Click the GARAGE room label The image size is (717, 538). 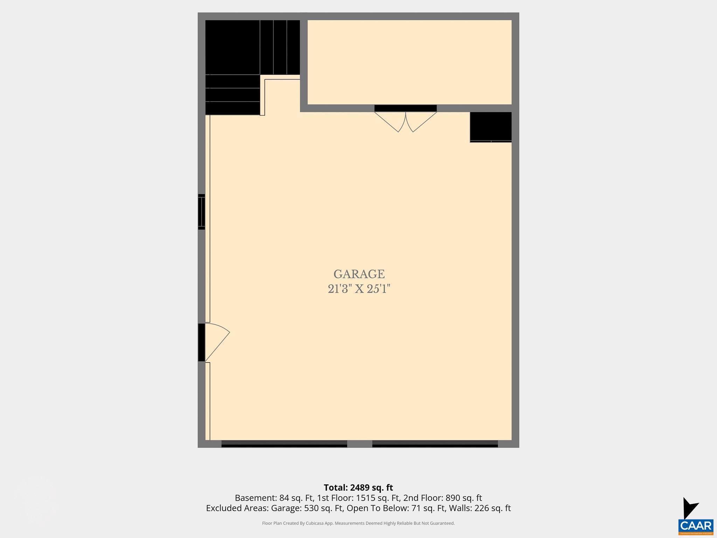point(359,274)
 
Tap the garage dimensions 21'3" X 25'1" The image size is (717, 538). point(359,289)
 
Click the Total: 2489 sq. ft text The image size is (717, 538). point(358,488)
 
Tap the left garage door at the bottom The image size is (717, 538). point(284,444)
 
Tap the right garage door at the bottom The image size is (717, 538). point(435,444)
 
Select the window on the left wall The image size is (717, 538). point(201,212)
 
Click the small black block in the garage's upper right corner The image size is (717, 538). point(490,126)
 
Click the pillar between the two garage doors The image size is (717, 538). point(360,444)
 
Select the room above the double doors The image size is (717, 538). point(409,62)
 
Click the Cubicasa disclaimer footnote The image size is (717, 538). point(358,523)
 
